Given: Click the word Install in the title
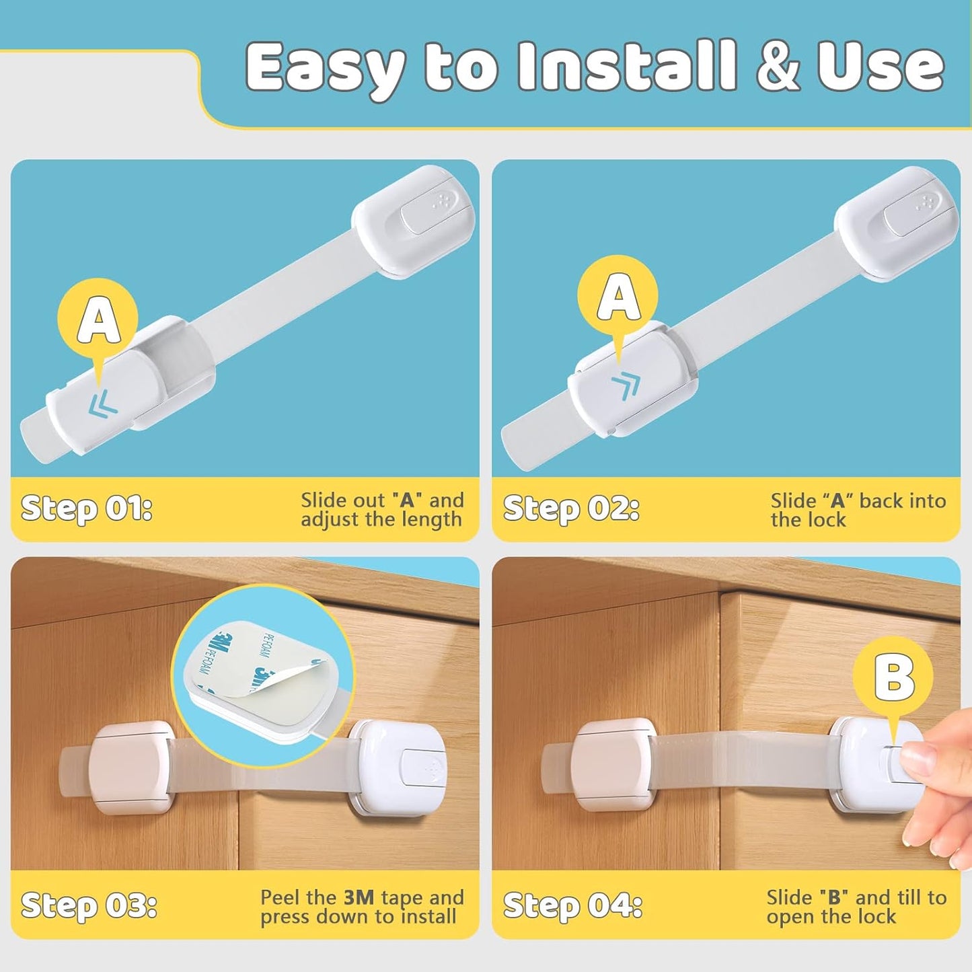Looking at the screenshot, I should point(628,66).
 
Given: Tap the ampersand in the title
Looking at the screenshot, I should point(778,66).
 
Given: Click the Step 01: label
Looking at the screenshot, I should point(87,509).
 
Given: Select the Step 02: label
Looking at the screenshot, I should point(570,509).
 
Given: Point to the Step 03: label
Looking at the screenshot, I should point(89,905).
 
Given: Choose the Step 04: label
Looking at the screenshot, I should point(572,905).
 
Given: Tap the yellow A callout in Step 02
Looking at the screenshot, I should point(618,296).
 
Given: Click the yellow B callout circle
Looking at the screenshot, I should point(893,676).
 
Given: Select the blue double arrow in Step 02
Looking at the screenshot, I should point(626,387).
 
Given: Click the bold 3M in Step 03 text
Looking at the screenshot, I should point(358,897).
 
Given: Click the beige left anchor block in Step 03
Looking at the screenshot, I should point(132,767).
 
